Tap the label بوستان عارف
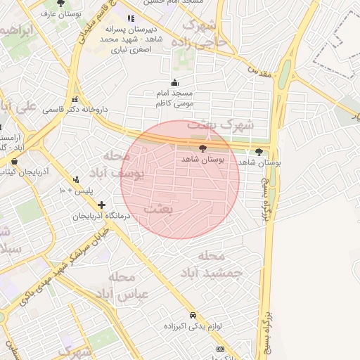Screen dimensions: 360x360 click(x=60, y=13)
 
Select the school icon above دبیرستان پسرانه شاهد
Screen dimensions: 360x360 click(x=130, y=18)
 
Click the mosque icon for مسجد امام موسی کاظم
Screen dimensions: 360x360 click(x=174, y=82)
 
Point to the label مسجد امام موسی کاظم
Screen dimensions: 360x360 click(x=174, y=98)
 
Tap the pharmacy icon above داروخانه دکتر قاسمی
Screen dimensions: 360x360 click(x=75, y=98)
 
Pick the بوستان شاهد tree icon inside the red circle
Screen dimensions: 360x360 click(x=203, y=149)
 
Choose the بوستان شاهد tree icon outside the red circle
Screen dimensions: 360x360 click(x=259, y=151)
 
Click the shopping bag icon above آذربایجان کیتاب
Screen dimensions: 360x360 click(x=15, y=160)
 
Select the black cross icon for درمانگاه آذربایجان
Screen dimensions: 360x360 click(x=102, y=205)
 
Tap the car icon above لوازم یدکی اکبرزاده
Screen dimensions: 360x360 click(x=193, y=316)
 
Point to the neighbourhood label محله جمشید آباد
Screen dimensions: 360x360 click(x=210, y=264)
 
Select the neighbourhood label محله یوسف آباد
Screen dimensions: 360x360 click(x=115, y=164)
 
